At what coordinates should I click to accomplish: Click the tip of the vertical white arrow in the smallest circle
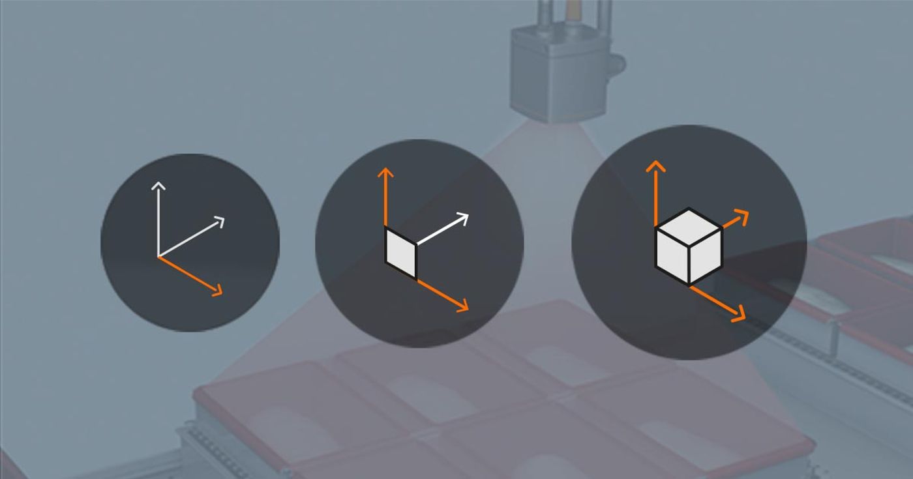pos(158,185)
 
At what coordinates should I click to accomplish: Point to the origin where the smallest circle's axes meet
pos(158,256)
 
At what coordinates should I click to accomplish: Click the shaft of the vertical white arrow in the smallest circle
pos(158,222)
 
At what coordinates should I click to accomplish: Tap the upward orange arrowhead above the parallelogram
pos(385,172)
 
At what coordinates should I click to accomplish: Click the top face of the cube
pos(689,227)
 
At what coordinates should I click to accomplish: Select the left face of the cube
pos(672,258)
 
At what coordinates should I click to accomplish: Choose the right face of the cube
pos(706,258)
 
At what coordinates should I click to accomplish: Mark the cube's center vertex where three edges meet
pos(689,246)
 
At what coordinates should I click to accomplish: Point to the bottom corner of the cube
pos(689,285)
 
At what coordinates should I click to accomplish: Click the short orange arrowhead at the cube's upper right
pos(743,214)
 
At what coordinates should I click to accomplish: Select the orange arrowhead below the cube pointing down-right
pos(740,317)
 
